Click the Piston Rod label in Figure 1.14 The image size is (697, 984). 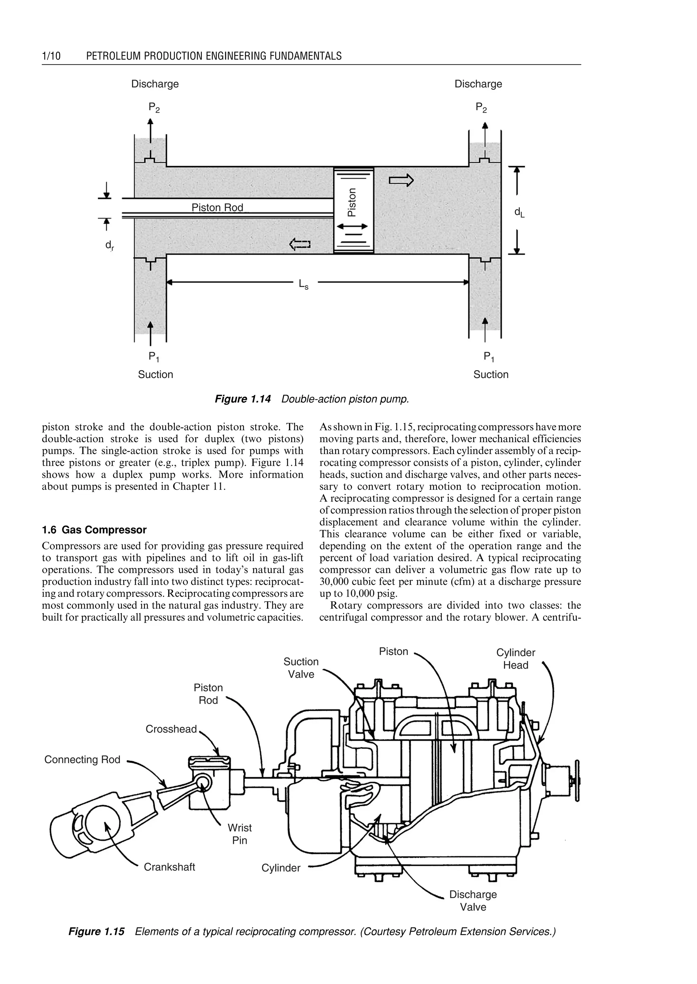click(217, 208)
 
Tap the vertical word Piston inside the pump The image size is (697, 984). click(352, 202)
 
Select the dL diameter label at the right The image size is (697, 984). click(519, 212)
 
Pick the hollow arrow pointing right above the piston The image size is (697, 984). click(401, 181)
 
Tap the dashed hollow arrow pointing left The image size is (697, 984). click(300, 245)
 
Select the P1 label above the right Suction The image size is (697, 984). click(489, 356)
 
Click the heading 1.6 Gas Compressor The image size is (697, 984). click(94, 530)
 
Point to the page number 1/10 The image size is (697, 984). click(51, 56)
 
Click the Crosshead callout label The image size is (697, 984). click(171, 729)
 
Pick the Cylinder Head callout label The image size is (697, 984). click(516, 659)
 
